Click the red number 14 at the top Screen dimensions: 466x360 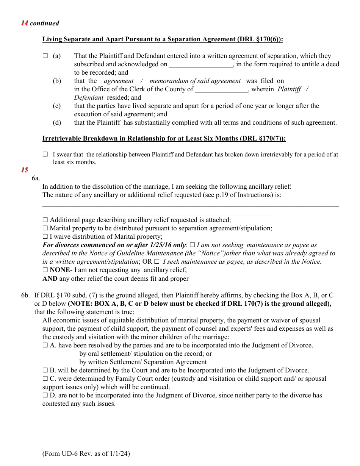25,23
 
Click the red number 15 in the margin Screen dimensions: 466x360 25,170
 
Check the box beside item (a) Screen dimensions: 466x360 45,56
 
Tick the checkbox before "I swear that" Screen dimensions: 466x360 45,155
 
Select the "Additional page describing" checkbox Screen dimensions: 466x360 45,220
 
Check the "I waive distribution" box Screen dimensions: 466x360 45,236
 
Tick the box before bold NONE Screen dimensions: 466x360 45,270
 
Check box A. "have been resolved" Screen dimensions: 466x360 45,346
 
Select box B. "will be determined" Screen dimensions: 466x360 45,371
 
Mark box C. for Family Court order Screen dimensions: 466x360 45,379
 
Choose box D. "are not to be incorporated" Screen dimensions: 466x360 45,396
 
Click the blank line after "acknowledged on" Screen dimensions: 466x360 201,65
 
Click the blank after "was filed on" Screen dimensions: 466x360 312,81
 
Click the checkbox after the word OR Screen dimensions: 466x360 157,261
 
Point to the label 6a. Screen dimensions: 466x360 36,178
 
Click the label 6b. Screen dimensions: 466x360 25,296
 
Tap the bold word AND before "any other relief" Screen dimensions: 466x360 50,279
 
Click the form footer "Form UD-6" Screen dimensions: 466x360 86,453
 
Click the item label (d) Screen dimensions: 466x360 57,123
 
